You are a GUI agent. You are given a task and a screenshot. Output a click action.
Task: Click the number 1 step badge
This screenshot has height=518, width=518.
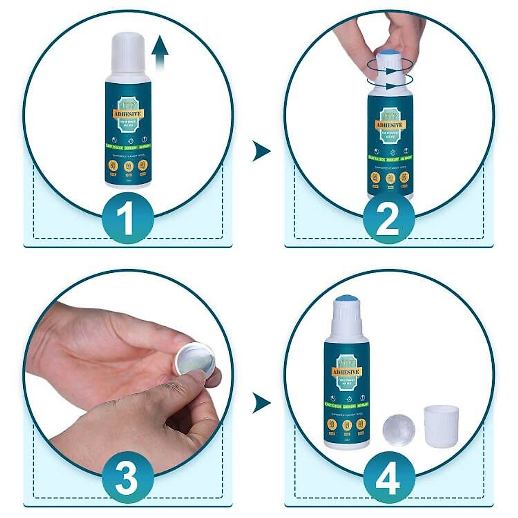128,220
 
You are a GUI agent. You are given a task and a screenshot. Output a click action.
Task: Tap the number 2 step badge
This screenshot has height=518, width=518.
388,220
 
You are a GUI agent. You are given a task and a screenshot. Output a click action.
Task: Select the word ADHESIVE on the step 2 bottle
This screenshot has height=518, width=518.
389,125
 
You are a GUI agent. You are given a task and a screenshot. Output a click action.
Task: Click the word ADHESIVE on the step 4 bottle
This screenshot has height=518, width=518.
346,372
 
